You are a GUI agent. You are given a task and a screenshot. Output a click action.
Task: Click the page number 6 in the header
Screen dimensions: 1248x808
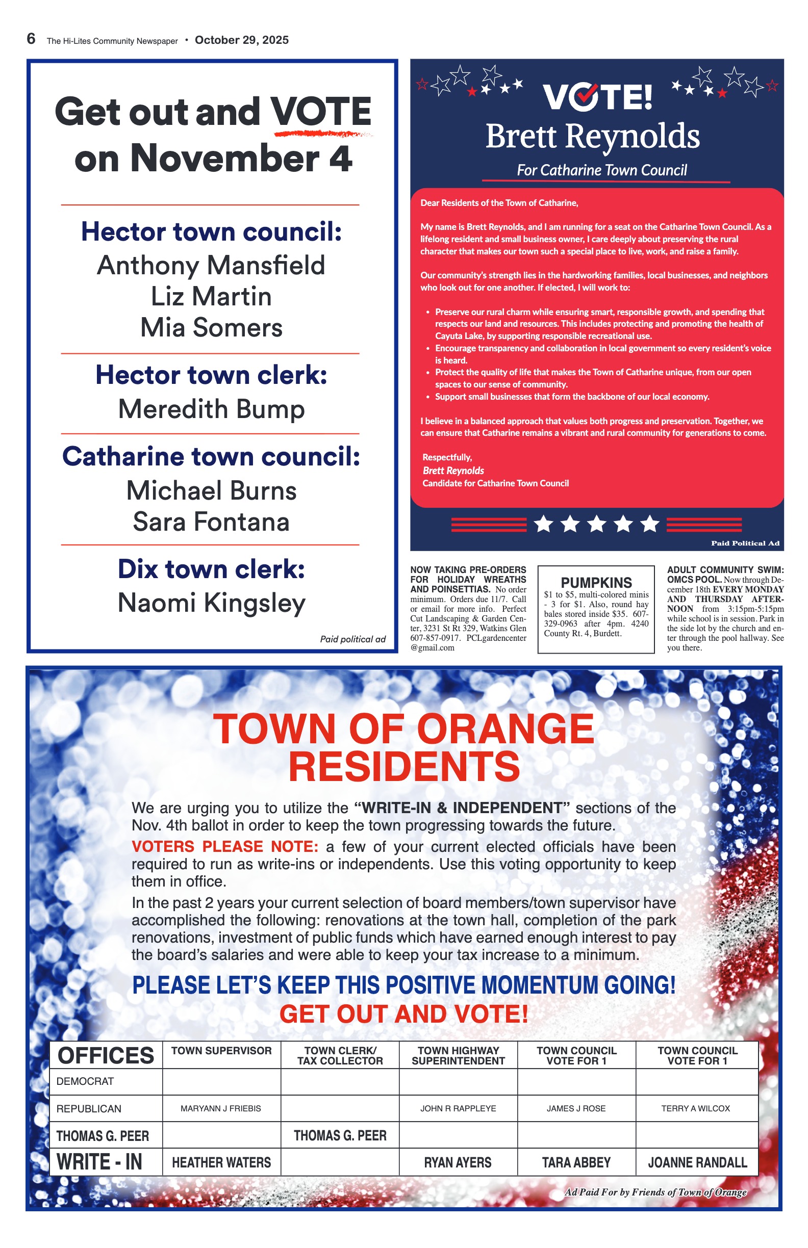tap(32, 39)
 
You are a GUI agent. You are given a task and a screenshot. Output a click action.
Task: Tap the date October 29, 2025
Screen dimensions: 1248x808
tap(241, 40)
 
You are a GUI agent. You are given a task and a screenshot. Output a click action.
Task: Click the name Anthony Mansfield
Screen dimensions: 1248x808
tap(211, 265)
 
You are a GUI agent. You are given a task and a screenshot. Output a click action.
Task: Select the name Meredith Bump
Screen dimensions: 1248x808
tap(211, 409)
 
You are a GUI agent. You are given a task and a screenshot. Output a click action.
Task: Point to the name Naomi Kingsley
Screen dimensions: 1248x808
tap(211, 603)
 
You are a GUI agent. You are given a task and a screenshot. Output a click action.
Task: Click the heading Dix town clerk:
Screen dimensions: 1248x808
tap(211, 569)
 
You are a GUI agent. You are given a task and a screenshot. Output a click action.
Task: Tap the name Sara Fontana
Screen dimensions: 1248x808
tap(211, 522)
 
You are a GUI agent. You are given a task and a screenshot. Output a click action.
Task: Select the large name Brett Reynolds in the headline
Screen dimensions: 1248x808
tap(592, 136)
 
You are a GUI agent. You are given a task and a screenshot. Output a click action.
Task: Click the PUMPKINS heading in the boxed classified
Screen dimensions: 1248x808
tap(596, 583)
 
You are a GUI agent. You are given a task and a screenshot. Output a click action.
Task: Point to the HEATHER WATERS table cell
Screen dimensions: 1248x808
tap(221, 1162)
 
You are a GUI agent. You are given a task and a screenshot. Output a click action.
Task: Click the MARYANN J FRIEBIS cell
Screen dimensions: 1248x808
tap(221, 1108)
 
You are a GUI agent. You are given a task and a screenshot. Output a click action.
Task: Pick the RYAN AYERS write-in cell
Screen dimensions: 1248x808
tap(458, 1162)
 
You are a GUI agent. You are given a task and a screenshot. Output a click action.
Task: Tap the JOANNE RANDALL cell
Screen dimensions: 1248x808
tap(697, 1162)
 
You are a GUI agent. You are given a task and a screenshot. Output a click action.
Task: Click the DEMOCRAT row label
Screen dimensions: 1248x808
tap(85, 1081)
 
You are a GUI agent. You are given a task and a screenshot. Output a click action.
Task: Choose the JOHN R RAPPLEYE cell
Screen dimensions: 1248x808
tap(458, 1108)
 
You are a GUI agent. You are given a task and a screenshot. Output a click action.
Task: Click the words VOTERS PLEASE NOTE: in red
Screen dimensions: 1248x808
tap(224, 847)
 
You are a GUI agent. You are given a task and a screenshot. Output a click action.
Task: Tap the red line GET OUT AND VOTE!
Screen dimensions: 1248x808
tap(403, 1014)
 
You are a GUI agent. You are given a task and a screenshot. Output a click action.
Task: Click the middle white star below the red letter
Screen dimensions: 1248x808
tap(596, 524)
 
